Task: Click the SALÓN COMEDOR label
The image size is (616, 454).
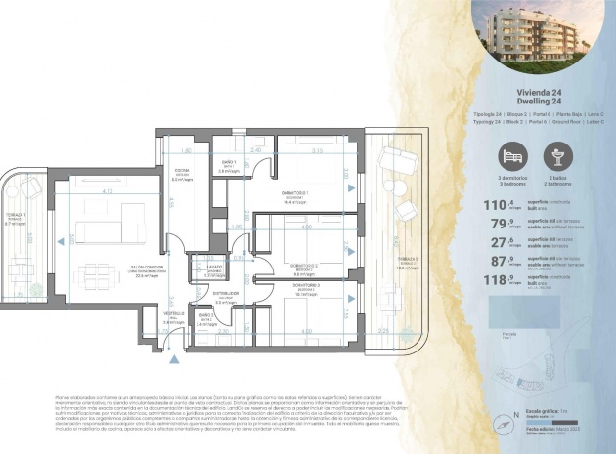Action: tap(147, 271)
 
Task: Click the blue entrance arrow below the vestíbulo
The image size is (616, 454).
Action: tap(174, 359)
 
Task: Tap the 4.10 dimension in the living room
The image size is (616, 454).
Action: tap(107, 191)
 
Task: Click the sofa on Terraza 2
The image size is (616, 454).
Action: tap(396, 165)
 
